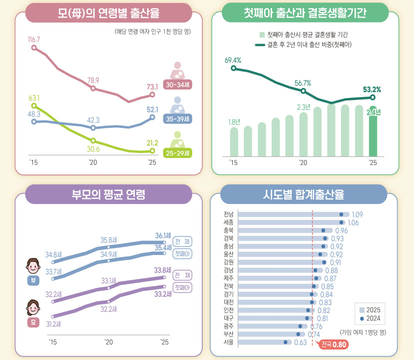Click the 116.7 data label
click(x=34, y=39)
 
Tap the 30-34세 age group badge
click(x=177, y=84)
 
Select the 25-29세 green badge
click(x=177, y=153)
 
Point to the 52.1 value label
click(x=152, y=109)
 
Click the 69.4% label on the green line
click(x=233, y=60)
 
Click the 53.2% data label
click(x=372, y=89)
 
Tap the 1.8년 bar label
click(x=234, y=122)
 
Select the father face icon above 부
click(x=33, y=266)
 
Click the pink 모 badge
click(x=33, y=322)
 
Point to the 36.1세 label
click(x=163, y=235)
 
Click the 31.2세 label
click(x=53, y=324)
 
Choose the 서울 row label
click(x=228, y=342)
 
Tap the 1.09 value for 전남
click(x=357, y=214)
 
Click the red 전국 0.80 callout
click(x=333, y=344)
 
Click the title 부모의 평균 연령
click(x=108, y=194)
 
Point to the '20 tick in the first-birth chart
click(x=303, y=162)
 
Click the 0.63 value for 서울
click(x=301, y=342)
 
